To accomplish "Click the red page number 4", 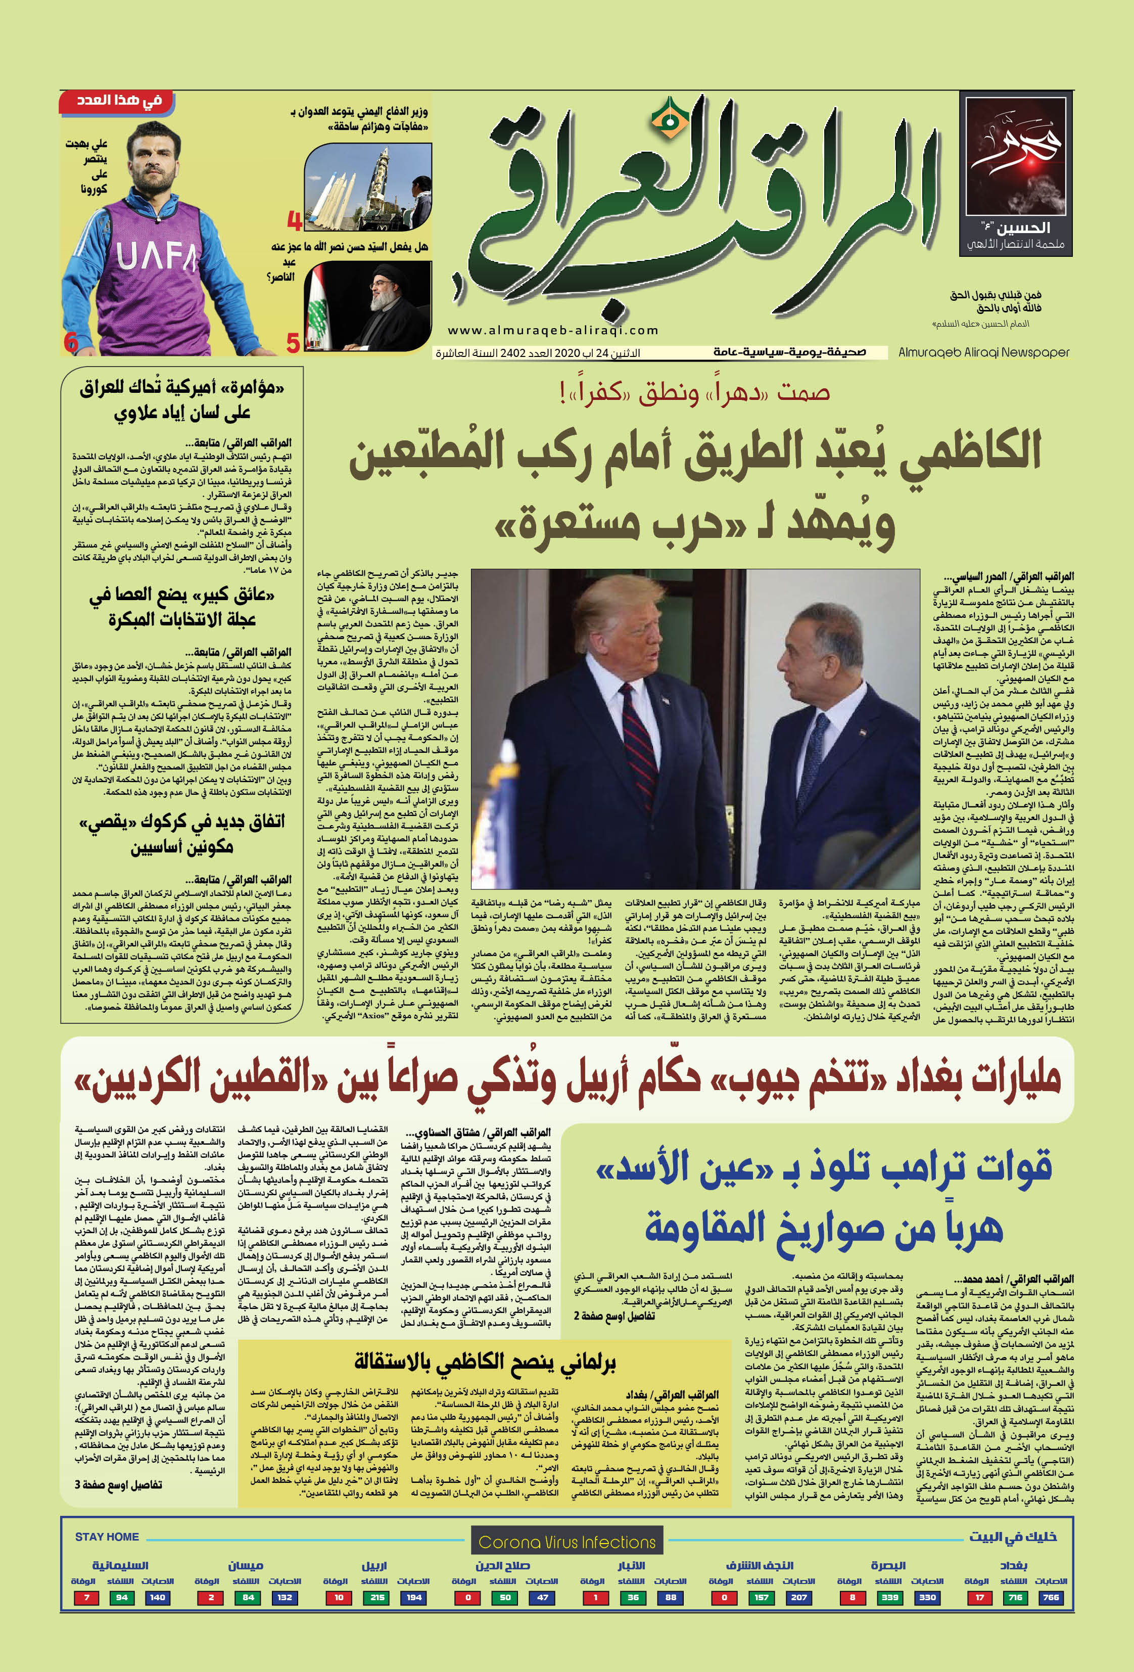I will tap(294, 220).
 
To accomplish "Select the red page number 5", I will tap(293, 342).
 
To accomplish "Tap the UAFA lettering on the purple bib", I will tap(156, 255).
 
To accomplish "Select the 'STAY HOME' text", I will tap(107, 1537).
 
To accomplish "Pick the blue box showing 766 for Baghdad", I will tap(1051, 1597).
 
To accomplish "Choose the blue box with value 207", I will tap(798, 1597).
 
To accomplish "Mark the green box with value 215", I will tap(377, 1597).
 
